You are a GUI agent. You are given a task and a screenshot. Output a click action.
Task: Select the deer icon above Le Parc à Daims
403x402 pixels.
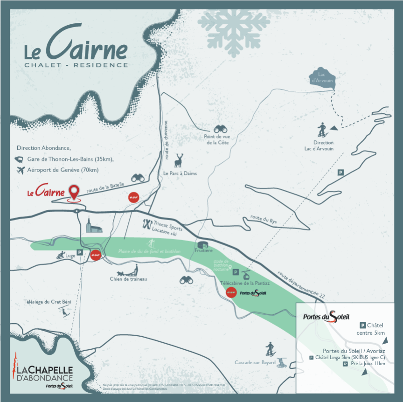[179, 161]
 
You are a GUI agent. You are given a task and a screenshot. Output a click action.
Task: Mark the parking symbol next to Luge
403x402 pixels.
[80, 252]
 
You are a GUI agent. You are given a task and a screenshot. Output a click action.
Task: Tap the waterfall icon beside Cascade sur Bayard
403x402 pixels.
[283, 362]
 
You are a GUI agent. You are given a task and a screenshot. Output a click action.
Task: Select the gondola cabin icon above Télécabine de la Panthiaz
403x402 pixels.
[246, 273]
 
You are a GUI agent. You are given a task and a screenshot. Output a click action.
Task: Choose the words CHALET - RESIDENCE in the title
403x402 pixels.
[76, 65]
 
